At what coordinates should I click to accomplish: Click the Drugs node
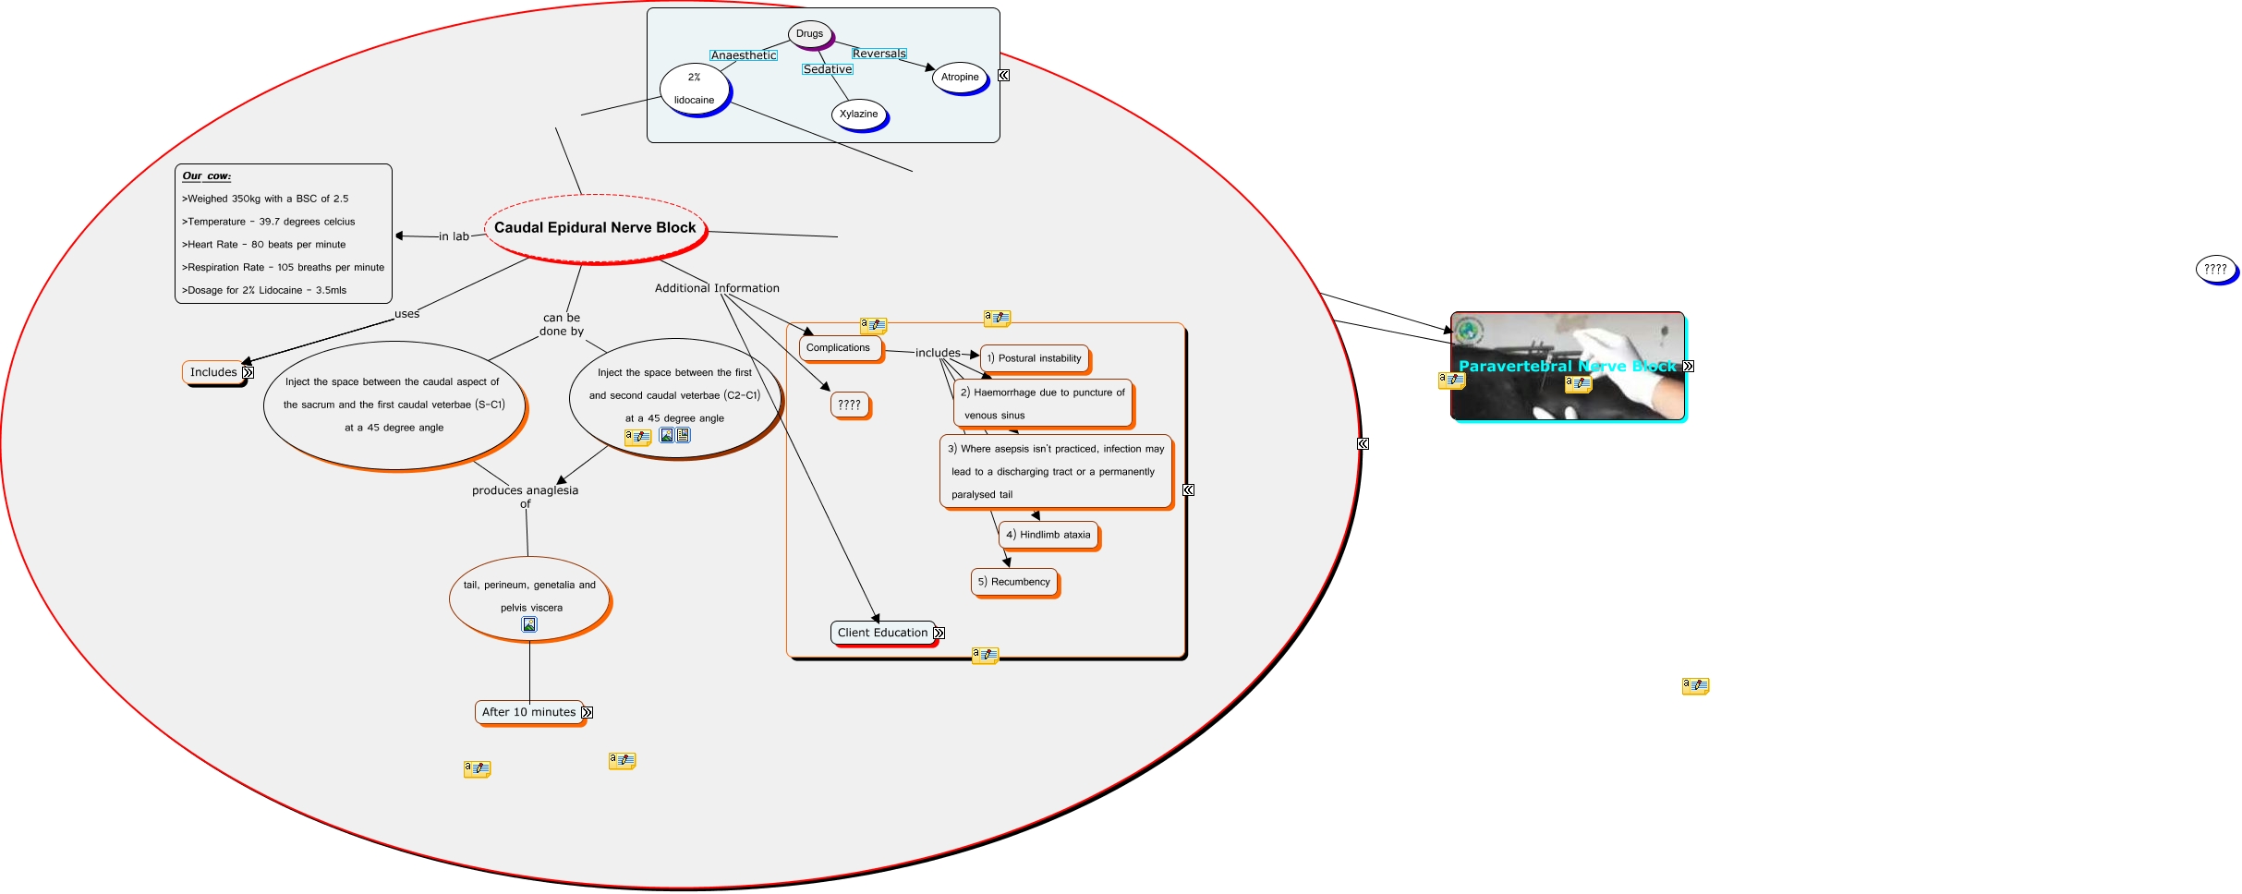(810, 34)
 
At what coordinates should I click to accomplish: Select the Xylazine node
(859, 115)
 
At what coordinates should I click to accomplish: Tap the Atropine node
(960, 78)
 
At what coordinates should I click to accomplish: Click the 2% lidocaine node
(695, 90)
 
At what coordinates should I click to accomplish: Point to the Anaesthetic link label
(744, 55)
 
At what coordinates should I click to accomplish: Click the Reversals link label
(879, 54)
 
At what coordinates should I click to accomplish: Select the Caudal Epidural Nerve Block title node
(595, 227)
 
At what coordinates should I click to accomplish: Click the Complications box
(838, 348)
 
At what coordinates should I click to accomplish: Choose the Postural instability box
(1034, 358)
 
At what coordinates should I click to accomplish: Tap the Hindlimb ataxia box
(1048, 535)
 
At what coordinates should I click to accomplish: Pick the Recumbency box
(1013, 582)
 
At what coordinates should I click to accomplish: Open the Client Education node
(882, 633)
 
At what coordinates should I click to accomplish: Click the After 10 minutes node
(528, 712)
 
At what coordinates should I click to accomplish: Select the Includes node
(213, 372)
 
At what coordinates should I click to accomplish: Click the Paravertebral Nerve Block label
(1567, 367)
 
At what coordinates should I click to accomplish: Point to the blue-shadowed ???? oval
(2214, 269)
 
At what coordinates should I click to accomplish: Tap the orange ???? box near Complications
(849, 405)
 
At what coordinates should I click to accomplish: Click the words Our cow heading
(207, 176)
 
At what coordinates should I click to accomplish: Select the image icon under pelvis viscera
(529, 625)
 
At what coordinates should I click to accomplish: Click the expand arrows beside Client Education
(939, 634)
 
